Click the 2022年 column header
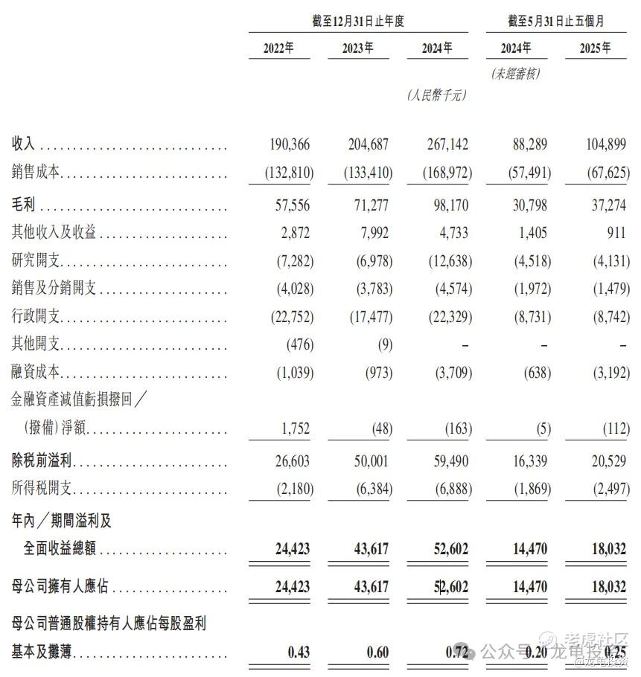coord(278,49)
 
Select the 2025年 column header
coord(595,49)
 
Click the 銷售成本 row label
coord(36,173)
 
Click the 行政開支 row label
coord(36,318)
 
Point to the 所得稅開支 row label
coord(42,490)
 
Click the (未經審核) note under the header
coord(515,73)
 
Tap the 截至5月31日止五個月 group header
coord(555,22)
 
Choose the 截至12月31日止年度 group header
coord(357,22)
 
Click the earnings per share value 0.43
coord(299,652)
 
